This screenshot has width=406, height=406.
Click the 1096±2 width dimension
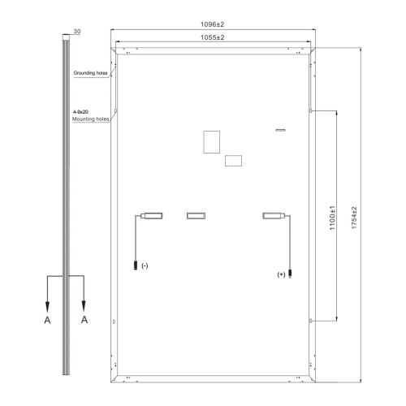click(x=212, y=24)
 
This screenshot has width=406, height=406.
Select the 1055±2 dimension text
click(x=212, y=37)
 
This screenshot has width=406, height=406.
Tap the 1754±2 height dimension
click(x=354, y=218)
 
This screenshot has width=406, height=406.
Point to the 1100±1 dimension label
click(x=332, y=218)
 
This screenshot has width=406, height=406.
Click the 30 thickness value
click(x=77, y=32)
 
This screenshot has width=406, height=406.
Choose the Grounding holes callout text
click(x=90, y=73)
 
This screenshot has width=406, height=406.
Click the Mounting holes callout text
click(x=90, y=119)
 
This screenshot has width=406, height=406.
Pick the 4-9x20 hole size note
click(x=80, y=112)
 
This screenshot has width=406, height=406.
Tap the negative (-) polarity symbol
click(x=145, y=266)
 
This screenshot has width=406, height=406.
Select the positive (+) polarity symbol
click(x=281, y=274)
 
